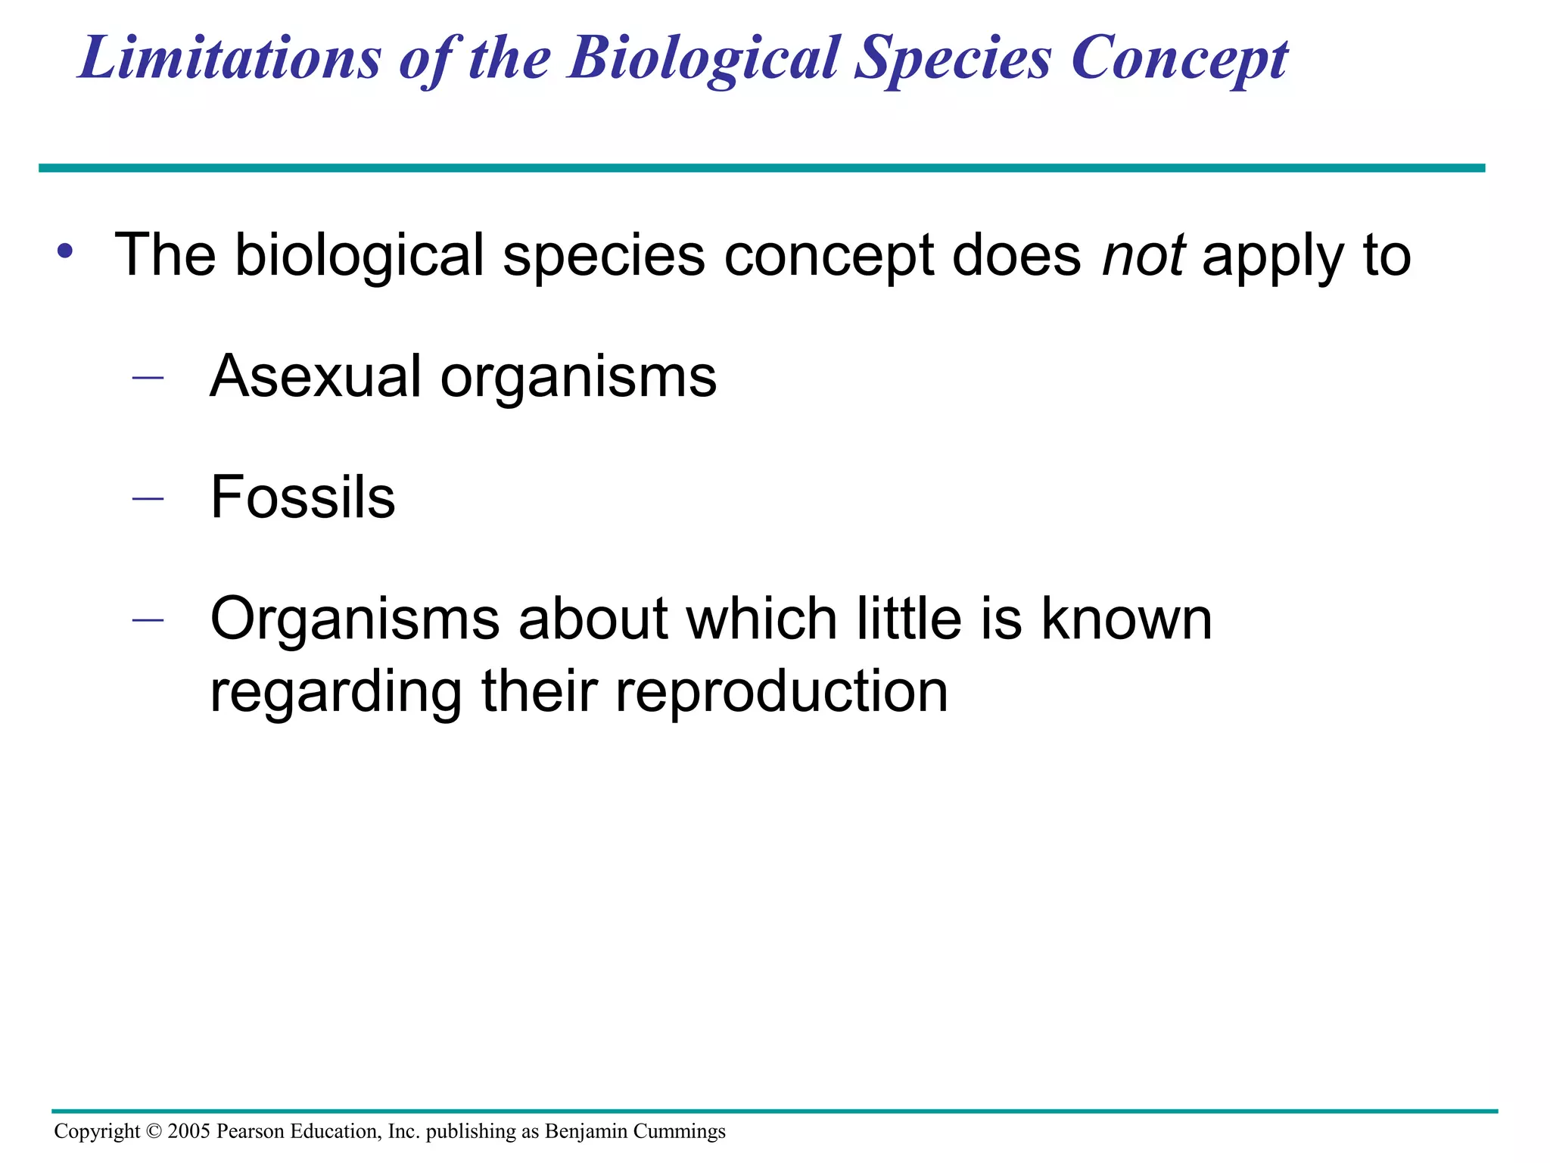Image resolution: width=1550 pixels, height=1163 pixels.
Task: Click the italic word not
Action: (x=1143, y=255)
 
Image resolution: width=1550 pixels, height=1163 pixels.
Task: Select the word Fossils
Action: (x=303, y=497)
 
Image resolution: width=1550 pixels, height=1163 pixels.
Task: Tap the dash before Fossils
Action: (x=148, y=498)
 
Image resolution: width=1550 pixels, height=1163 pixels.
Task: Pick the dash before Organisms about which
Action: (x=148, y=619)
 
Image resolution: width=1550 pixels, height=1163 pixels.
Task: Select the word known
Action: (x=1126, y=619)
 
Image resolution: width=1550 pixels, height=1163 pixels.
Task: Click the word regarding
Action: (x=335, y=693)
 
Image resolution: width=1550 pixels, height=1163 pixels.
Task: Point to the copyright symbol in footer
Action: (x=154, y=1131)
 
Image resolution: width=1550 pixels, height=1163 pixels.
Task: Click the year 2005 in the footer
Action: (x=189, y=1131)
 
